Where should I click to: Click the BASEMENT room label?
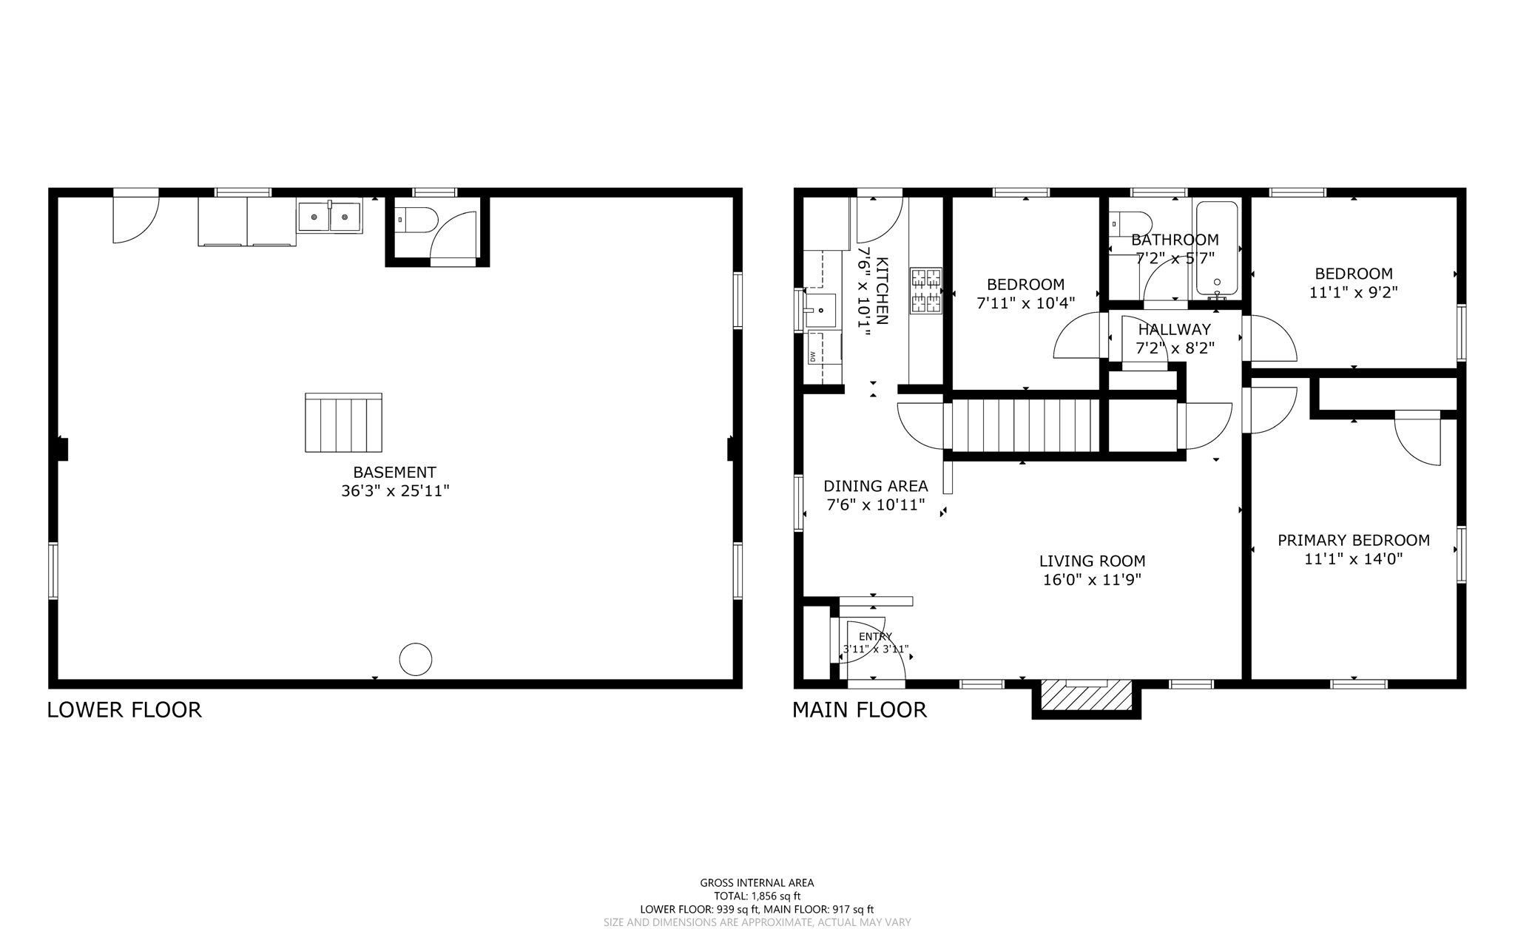point(394,472)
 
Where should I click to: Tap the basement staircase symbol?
point(343,422)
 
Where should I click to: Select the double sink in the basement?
point(330,217)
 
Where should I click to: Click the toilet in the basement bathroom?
point(417,220)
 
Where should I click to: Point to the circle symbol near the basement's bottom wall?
point(415,659)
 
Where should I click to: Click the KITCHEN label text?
point(882,291)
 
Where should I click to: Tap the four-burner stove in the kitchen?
point(925,291)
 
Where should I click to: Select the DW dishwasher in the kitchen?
point(813,357)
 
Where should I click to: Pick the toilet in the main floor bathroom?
point(1133,223)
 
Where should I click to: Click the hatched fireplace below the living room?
point(1086,695)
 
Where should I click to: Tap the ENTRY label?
point(875,637)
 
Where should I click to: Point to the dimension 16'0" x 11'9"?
point(1092,580)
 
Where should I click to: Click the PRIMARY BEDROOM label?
point(1353,541)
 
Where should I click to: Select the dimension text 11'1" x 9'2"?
point(1353,292)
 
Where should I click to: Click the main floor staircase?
point(1024,425)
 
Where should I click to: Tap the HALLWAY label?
point(1174,330)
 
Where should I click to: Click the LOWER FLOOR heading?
point(124,710)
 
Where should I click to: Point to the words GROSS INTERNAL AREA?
point(757,882)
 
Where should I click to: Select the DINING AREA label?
point(875,486)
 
